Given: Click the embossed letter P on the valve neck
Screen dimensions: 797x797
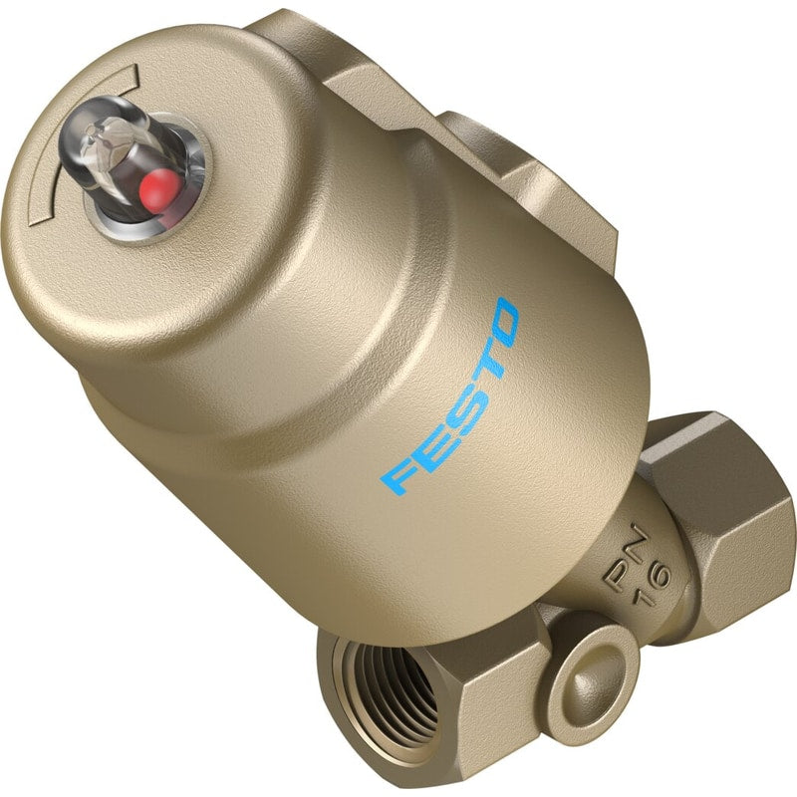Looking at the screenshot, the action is point(618,574).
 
